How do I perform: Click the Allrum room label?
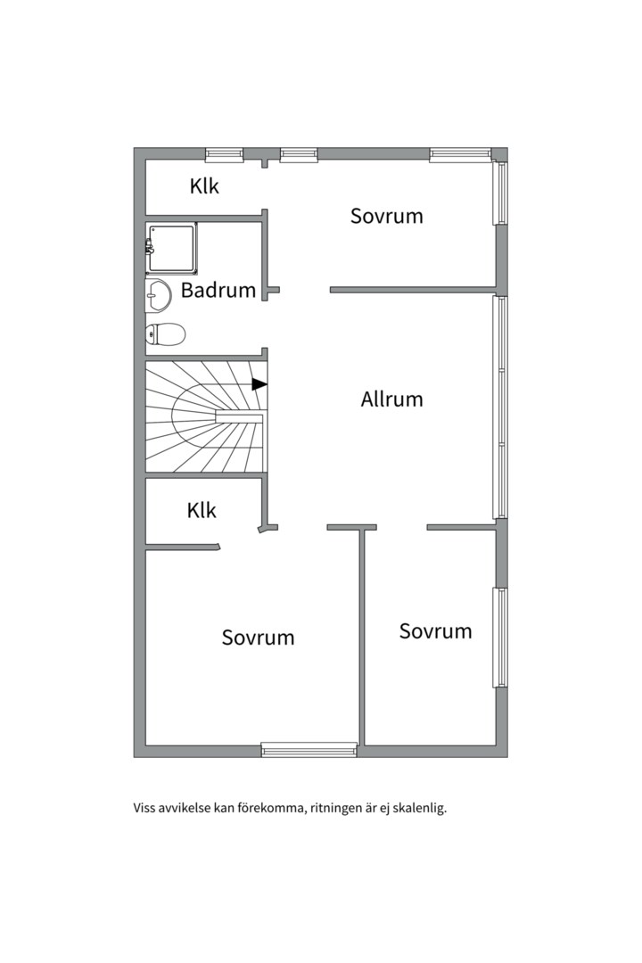tap(391, 399)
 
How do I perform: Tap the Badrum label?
tap(218, 290)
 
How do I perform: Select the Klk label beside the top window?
tap(204, 185)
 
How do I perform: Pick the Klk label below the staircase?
tap(202, 510)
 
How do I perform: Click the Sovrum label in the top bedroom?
tap(386, 216)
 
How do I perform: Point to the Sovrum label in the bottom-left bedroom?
tap(258, 638)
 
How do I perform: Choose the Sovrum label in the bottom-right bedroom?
tap(435, 631)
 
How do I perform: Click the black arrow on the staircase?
tap(259, 384)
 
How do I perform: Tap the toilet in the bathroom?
tap(165, 334)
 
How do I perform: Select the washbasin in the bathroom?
tap(158, 295)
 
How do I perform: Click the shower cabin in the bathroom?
tap(172, 248)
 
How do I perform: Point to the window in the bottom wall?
tap(309, 749)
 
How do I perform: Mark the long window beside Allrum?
tap(501, 407)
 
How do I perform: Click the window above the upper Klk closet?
tap(224, 155)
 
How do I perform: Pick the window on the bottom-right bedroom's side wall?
tap(501, 638)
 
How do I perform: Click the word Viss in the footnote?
tap(144, 808)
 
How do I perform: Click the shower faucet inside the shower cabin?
tap(149, 248)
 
